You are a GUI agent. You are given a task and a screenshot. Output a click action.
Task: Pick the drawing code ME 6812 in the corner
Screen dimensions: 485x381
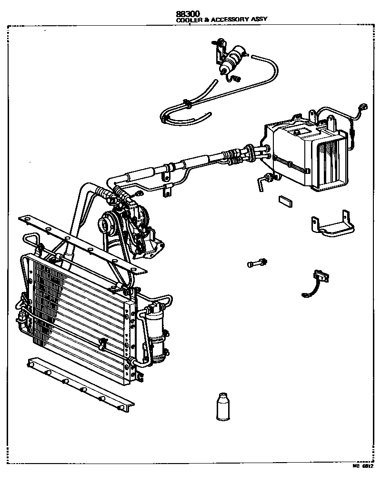(363, 466)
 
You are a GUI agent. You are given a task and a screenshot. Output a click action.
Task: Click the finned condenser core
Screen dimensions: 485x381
(76, 314)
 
